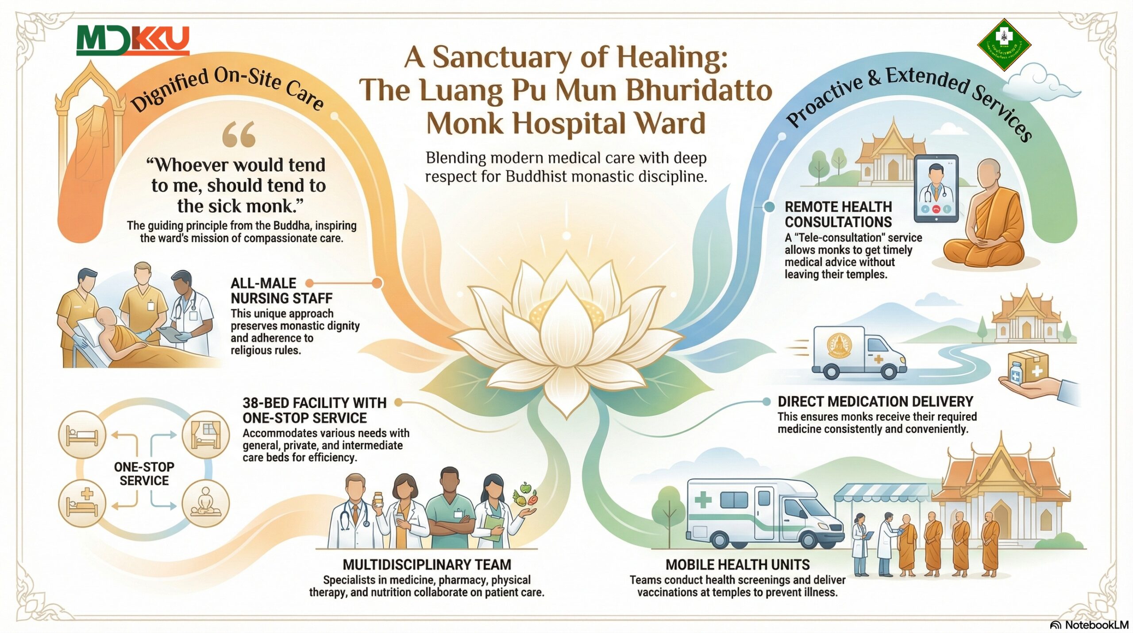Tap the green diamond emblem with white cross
(x=1004, y=45)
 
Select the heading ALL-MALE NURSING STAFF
(x=281, y=291)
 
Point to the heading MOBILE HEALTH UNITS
(x=737, y=565)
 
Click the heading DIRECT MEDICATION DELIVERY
(x=875, y=402)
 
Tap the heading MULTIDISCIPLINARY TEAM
(x=427, y=565)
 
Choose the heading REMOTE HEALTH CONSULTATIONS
(x=838, y=214)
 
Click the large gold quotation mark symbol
(x=239, y=134)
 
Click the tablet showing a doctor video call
(x=936, y=189)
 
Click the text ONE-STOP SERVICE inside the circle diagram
(x=144, y=474)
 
